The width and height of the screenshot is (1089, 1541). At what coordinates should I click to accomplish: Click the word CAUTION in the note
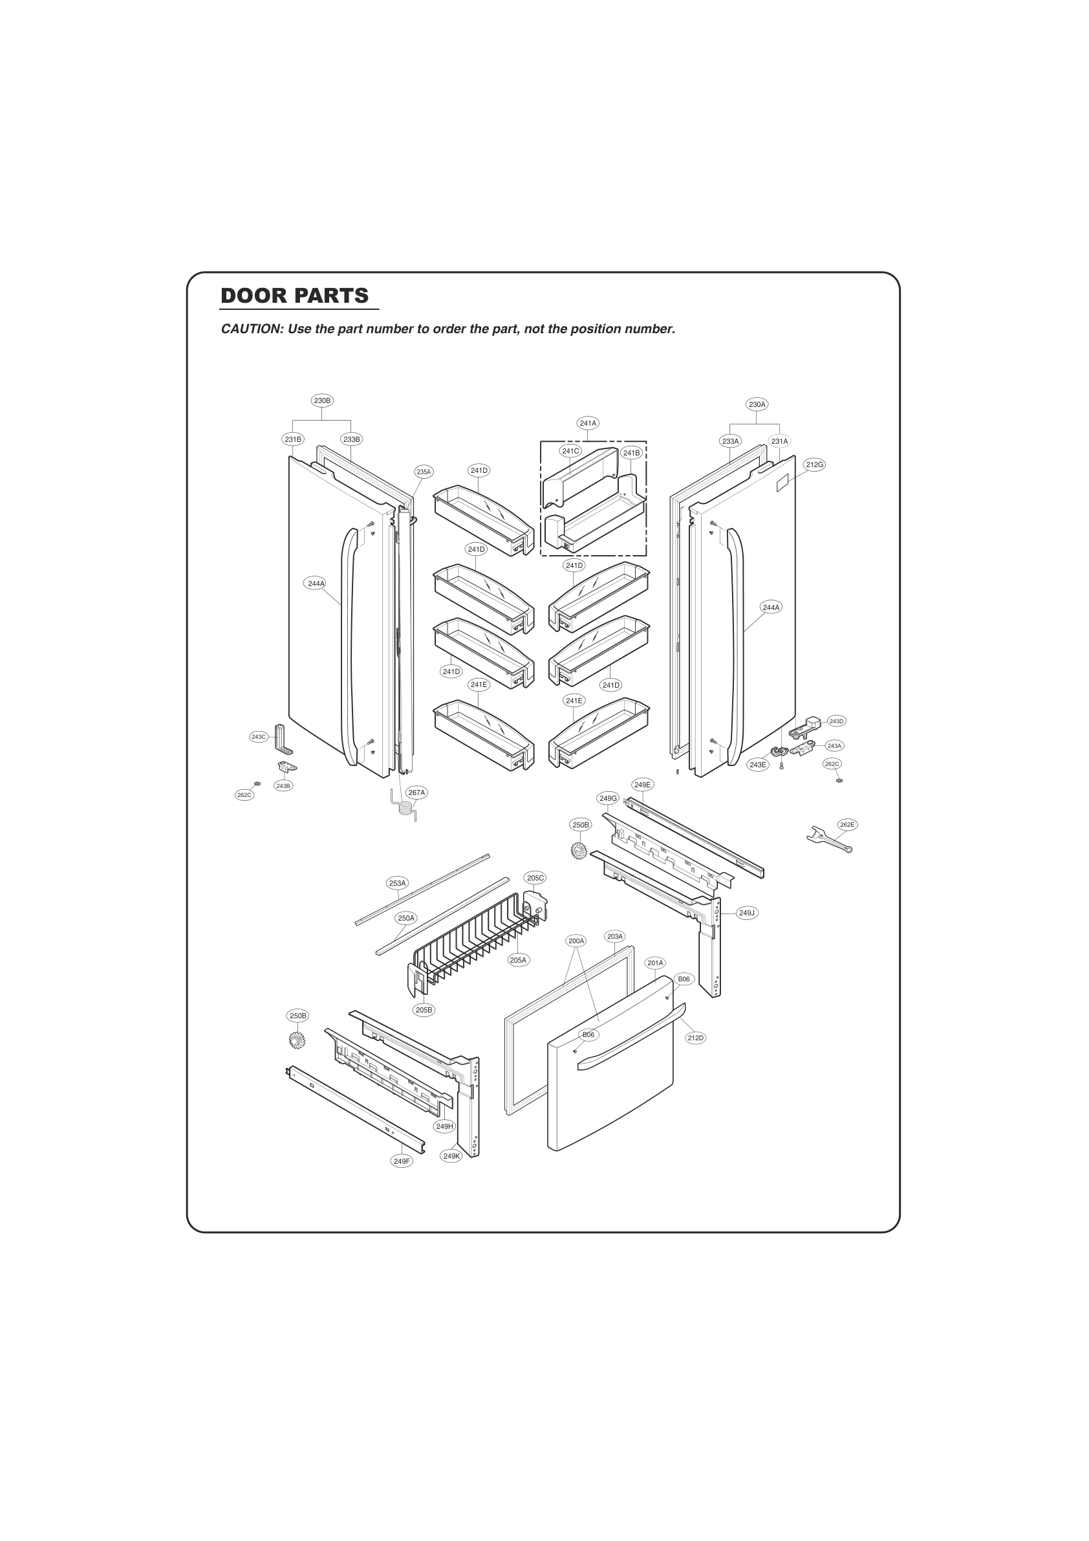(251, 329)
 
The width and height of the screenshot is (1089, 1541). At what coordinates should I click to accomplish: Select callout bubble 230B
(322, 400)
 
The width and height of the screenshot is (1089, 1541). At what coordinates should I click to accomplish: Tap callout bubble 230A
(757, 405)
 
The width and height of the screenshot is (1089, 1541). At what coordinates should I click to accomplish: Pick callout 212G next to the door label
(815, 464)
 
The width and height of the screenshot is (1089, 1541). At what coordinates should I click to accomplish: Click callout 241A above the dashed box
(588, 424)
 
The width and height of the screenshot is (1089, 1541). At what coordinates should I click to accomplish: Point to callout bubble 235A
(424, 472)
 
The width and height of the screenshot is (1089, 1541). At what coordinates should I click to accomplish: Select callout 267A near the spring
(416, 792)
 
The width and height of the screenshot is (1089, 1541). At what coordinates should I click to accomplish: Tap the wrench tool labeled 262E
(829, 840)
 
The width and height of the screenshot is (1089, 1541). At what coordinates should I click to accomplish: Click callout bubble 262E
(846, 824)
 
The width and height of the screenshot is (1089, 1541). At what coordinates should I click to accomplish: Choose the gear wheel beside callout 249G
(578, 851)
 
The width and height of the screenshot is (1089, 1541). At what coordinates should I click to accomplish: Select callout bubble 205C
(535, 878)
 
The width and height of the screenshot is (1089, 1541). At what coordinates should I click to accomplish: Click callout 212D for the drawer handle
(696, 1038)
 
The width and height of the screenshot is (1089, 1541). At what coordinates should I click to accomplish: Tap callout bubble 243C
(258, 737)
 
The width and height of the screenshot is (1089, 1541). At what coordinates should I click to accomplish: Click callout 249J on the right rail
(747, 913)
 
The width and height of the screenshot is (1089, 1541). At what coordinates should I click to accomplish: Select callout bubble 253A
(397, 883)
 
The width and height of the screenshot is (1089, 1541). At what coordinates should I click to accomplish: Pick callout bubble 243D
(836, 721)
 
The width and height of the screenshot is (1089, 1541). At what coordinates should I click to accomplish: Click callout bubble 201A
(656, 963)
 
